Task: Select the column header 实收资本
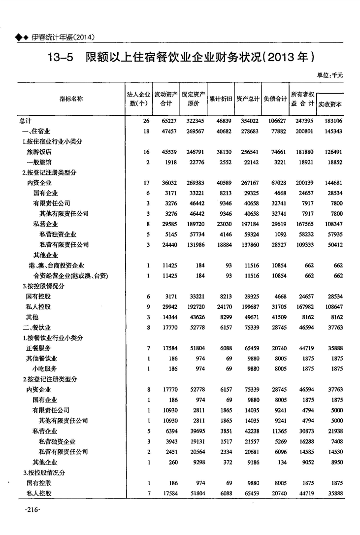(x=330, y=104)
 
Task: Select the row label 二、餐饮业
(x=33, y=327)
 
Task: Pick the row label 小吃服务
(x=45, y=368)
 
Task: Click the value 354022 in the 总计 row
(x=248, y=121)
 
